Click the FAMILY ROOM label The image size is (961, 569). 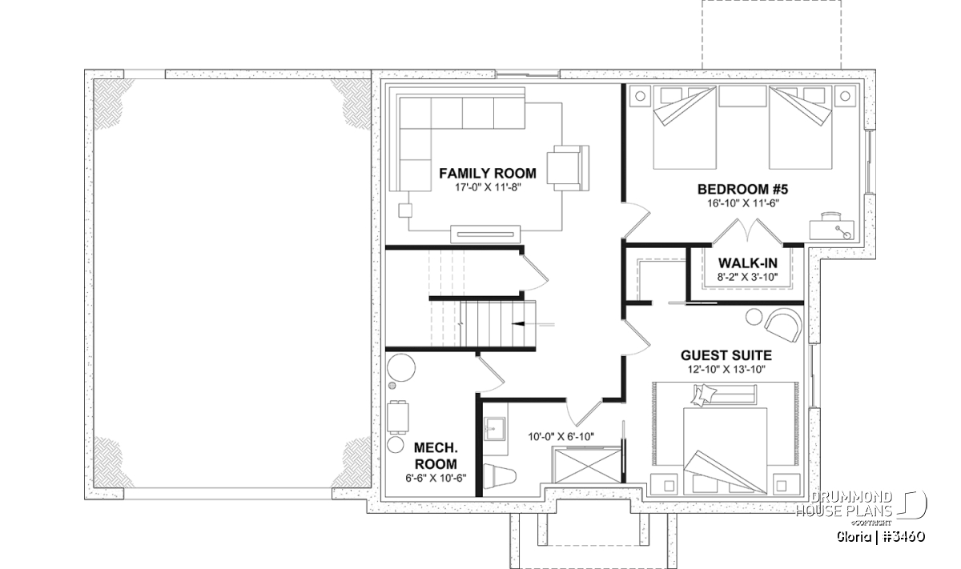pos(488,173)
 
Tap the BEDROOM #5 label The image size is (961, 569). pos(742,189)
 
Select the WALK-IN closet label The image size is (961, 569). pos(748,262)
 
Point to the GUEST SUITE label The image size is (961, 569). pos(726,355)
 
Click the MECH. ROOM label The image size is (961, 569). pos(436,456)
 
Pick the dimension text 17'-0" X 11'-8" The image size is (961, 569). pos(488,187)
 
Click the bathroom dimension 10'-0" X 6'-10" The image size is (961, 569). pos(561,437)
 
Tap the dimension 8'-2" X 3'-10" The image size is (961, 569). pos(747,277)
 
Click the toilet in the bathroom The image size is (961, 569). pos(500,476)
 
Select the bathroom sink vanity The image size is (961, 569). pos(496,429)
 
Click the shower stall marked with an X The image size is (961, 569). pos(587,465)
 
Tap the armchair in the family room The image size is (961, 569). pos(568,168)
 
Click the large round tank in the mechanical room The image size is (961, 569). pos(401,368)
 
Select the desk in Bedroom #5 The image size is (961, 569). pos(831,226)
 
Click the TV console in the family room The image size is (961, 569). pos(485,234)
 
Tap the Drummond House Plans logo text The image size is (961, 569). pos(844,504)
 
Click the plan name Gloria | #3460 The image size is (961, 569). pos(881,537)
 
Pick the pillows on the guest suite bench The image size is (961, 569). pos(704,395)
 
